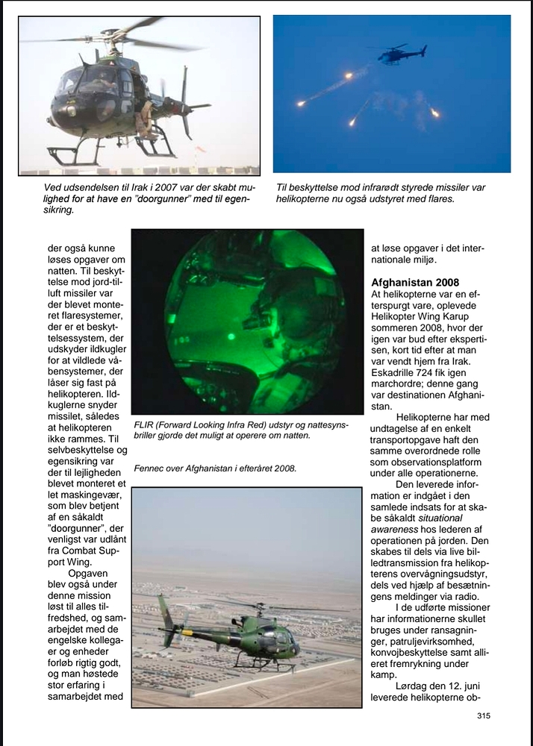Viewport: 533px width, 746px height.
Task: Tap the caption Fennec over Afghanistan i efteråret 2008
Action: pos(216,468)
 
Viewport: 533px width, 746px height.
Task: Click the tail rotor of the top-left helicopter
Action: pos(184,104)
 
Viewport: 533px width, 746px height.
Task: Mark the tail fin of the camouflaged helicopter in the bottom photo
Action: pos(166,615)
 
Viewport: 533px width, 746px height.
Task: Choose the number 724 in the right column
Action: pos(428,381)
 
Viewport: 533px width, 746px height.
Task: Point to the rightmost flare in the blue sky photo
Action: pos(434,113)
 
